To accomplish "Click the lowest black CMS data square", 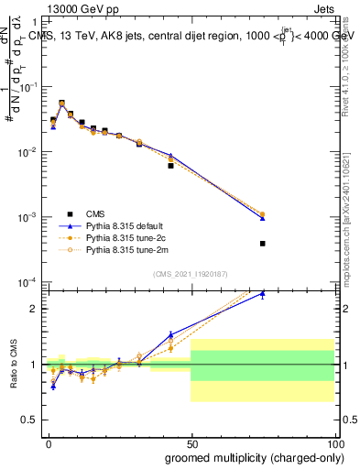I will tap(262, 244).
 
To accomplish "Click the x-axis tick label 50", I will tap(191, 442).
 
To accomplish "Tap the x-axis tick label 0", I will tap(49, 442).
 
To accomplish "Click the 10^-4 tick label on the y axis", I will tap(29, 282).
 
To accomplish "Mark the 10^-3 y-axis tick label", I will tap(29, 217).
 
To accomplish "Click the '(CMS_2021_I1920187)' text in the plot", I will tap(190, 273).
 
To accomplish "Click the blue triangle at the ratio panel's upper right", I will tap(262, 294).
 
